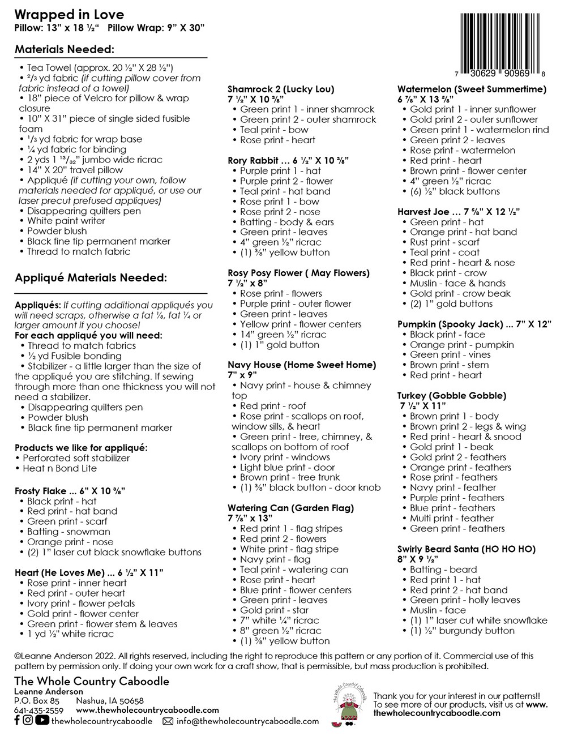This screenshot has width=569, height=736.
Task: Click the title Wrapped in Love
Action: pos(69,14)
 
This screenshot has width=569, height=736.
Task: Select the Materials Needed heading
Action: pos(65,49)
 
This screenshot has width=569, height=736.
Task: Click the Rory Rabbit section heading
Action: pos(288,160)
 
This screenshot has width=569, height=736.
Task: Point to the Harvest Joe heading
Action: pos(459,212)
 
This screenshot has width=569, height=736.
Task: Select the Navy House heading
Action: pos(302,365)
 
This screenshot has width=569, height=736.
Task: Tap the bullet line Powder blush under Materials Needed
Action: pos(57,231)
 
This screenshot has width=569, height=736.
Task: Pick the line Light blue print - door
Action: pos(288,467)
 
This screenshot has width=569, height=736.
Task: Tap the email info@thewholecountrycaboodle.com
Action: pos(247,721)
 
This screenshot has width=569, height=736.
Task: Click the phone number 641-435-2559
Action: pos(38,711)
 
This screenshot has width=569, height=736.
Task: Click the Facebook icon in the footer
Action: pos(18,721)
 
